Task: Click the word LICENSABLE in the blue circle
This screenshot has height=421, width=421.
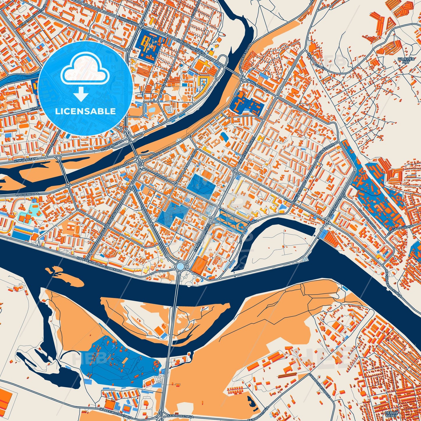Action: (x=85, y=111)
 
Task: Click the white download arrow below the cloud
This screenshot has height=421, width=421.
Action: (x=81, y=94)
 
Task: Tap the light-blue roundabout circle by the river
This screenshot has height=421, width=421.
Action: (x=180, y=266)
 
